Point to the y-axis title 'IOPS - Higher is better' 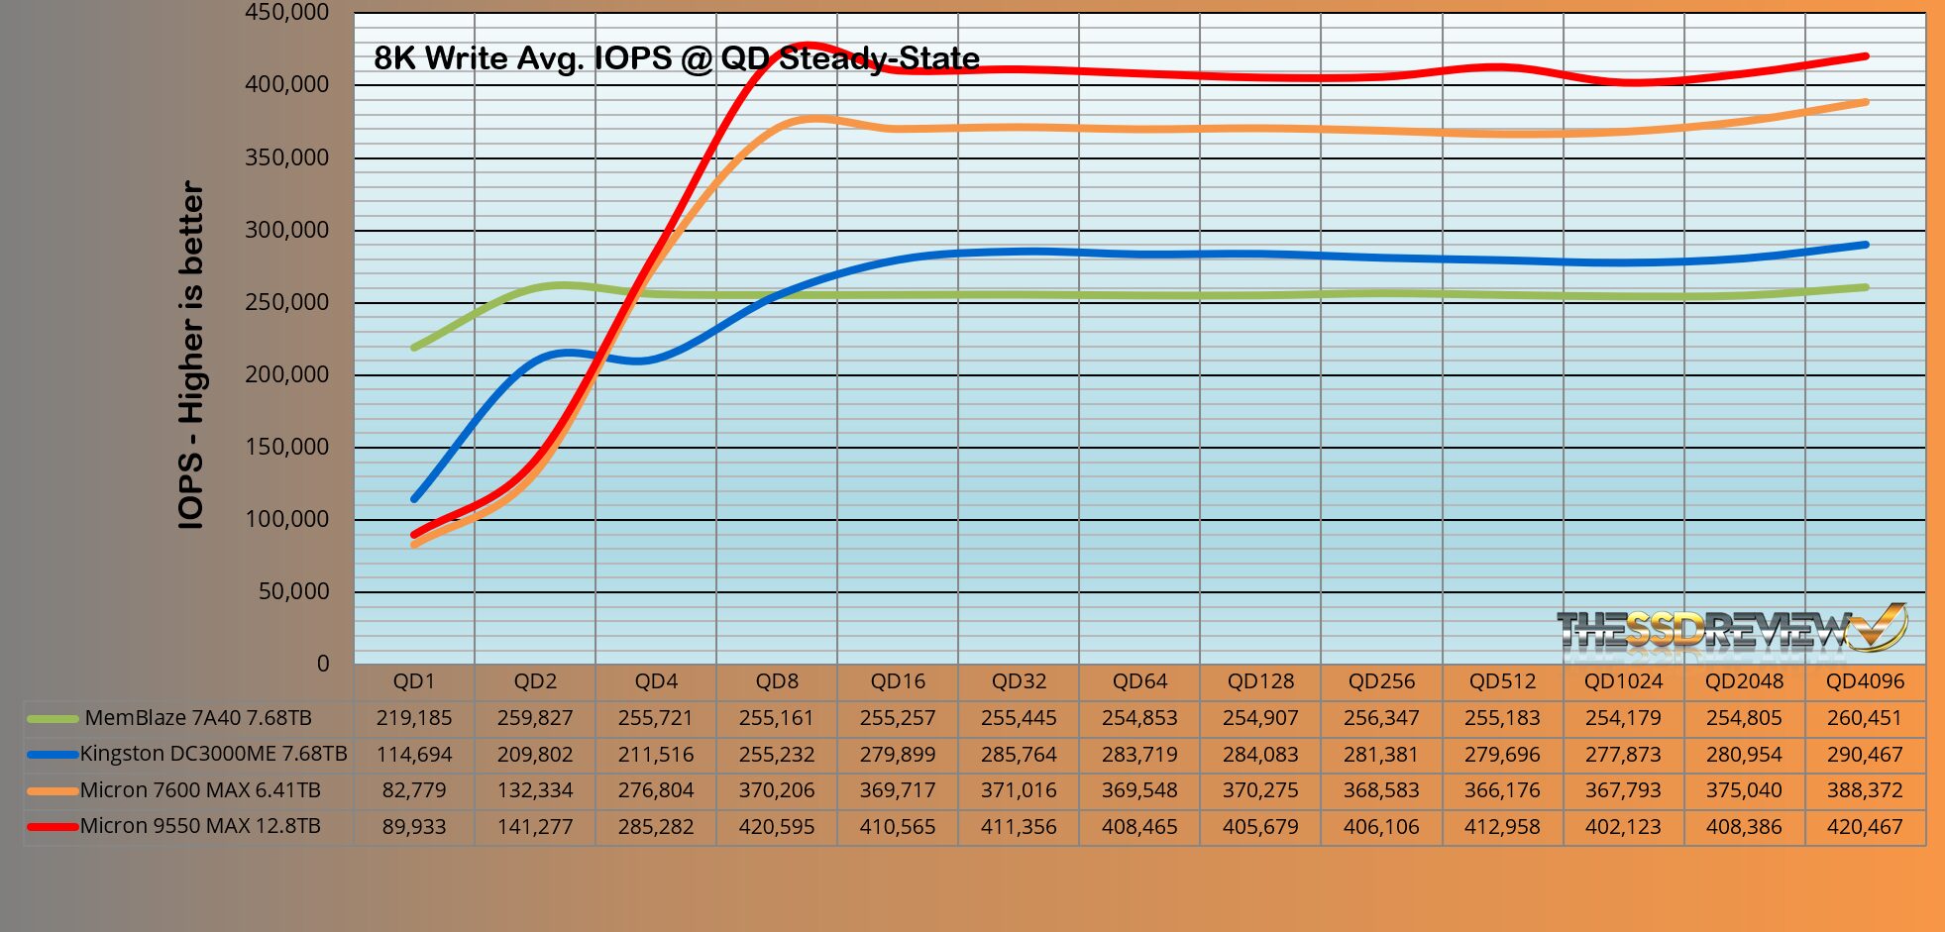190,355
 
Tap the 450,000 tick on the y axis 286,13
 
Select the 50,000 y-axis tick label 293,591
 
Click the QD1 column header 414,681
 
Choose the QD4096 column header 1865,681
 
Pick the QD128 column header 1260,681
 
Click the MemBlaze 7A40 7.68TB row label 198,718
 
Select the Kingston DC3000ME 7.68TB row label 213,754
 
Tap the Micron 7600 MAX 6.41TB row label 200,790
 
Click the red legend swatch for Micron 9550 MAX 53,826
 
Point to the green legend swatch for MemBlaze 53,718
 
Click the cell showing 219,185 414,718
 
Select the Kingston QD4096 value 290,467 1865,755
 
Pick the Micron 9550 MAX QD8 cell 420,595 777,827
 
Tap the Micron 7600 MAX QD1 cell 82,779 414,790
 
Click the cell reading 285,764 1019,755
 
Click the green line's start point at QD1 414,348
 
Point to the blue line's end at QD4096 1866,245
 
